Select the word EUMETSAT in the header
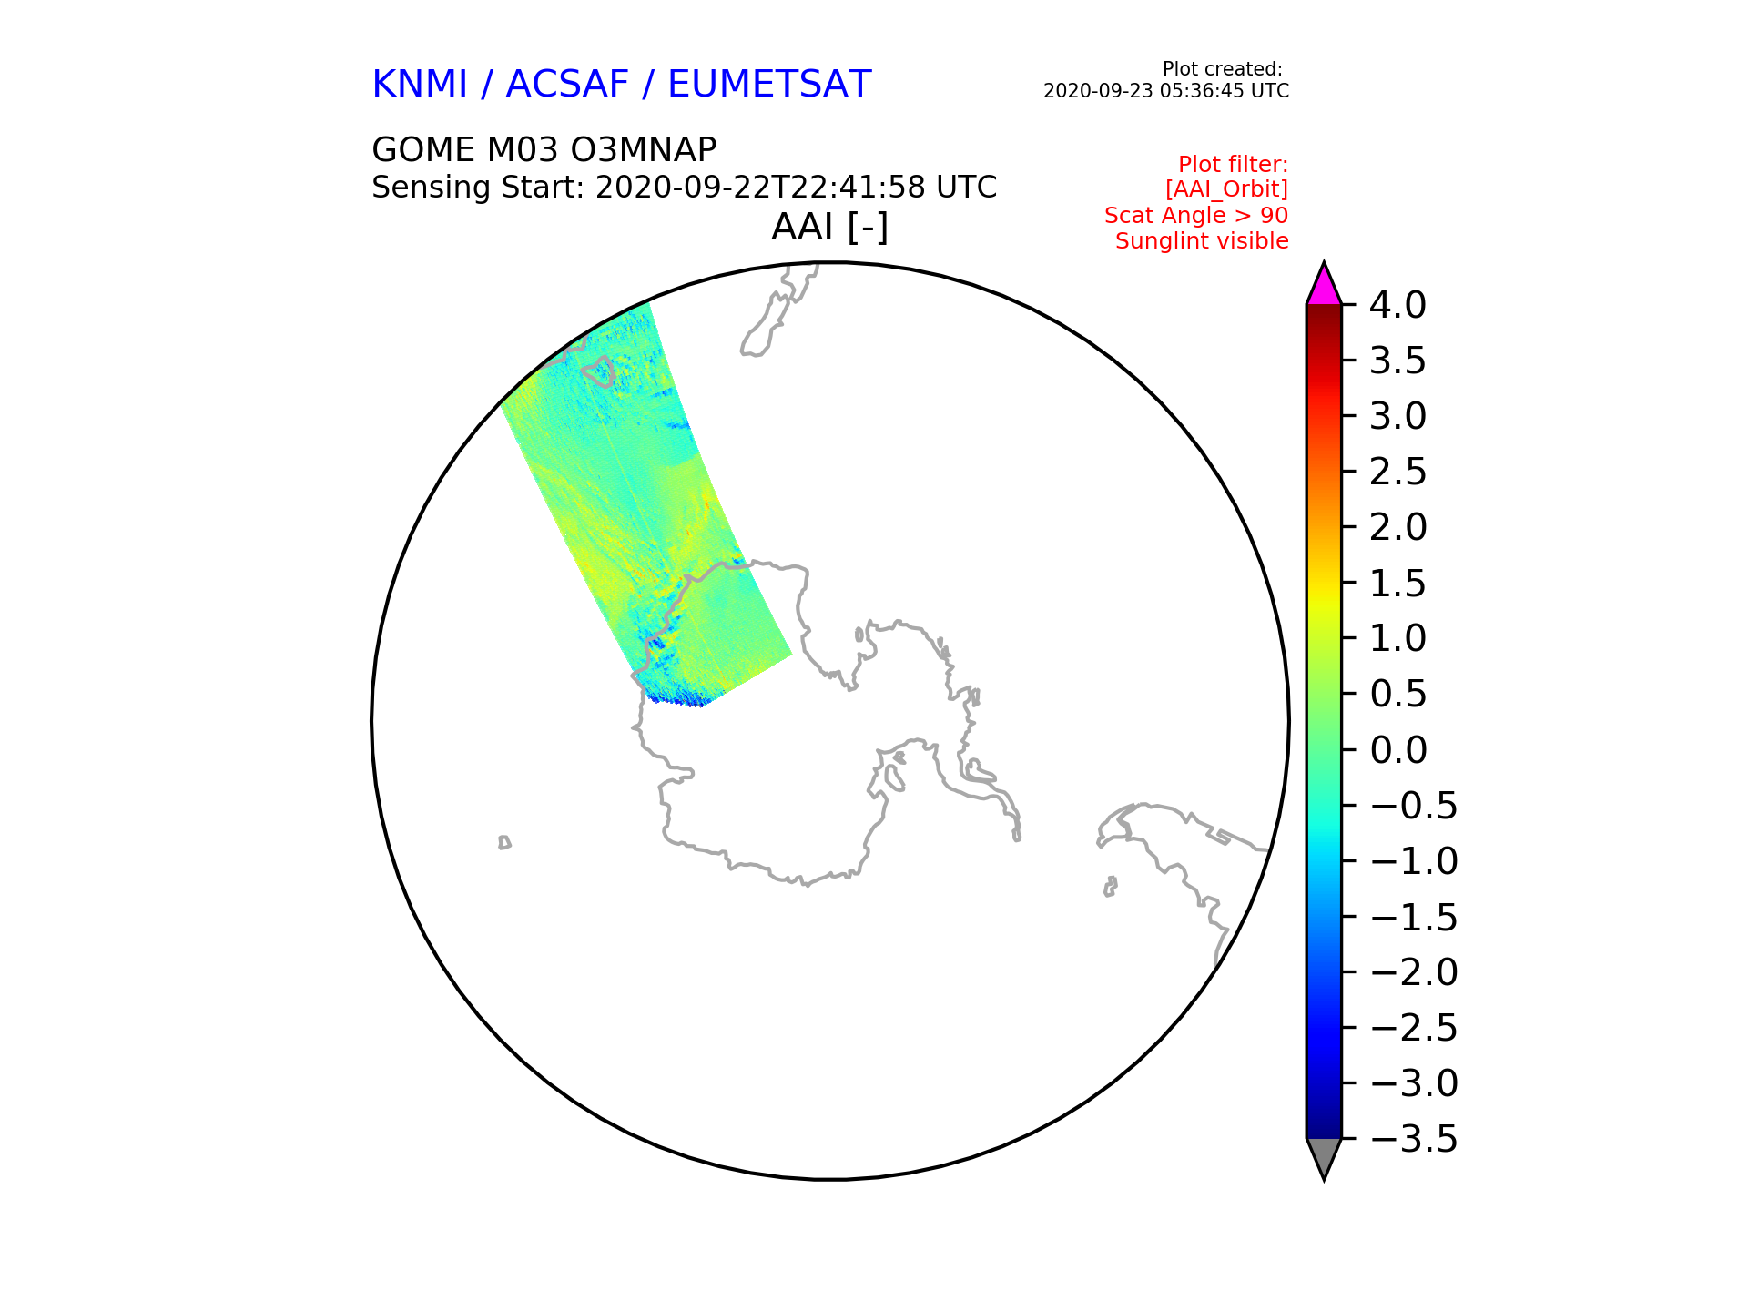769,84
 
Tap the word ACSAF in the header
567,84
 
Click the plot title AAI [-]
829,227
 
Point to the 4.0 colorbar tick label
1397,305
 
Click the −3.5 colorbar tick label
1414,1139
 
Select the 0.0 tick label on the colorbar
1397,750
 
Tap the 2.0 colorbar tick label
1397,527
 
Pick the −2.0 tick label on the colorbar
1414,972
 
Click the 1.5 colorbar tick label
1397,584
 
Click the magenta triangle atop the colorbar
1324,285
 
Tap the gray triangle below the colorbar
1324,1158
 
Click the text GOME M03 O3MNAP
544,149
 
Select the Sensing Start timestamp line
685,188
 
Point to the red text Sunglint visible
1202,241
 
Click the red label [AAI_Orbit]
1226,189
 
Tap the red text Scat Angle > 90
1196,216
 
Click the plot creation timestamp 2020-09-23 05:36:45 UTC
1166,91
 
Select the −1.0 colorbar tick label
1414,861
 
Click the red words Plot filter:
1234,165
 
